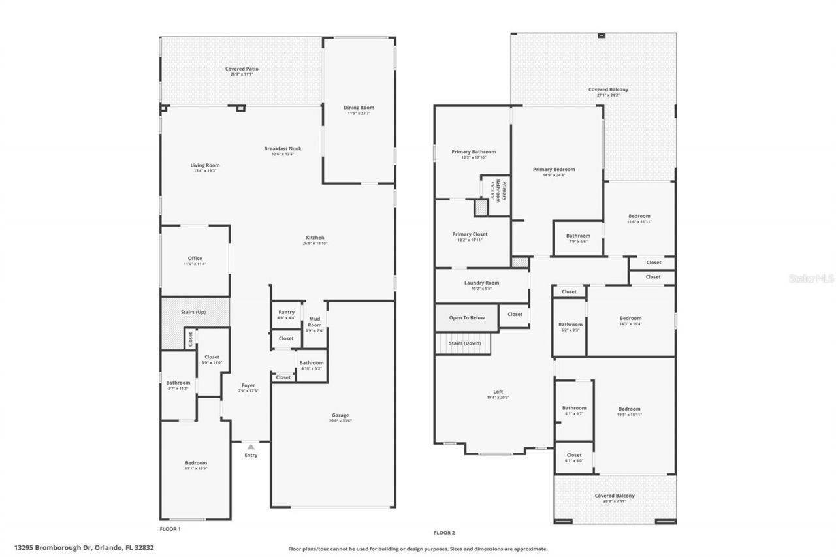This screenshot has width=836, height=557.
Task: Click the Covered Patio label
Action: [x=241, y=69]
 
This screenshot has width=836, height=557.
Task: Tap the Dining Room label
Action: [x=359, y=108]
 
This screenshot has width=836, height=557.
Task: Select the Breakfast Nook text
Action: [x=282, y=148]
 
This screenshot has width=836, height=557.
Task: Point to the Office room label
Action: [x=195, y=259]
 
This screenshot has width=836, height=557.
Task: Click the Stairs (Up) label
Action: [x=193, y=312]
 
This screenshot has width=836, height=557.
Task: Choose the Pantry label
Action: [x=286, y=312]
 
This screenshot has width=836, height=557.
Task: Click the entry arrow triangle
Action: [x=250, y=446]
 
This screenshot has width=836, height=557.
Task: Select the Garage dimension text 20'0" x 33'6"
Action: [x=340, y=421]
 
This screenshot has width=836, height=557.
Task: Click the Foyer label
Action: [x=248, y=385]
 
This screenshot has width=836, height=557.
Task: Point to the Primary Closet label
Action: [x=470, y=234]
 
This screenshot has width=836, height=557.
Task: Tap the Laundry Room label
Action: [x=481, y=283]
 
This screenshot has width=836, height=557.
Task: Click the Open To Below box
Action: [x=466, y=317]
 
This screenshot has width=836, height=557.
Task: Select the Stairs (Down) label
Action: [x=464, y=343]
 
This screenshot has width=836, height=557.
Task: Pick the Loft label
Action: [x=498, y=392]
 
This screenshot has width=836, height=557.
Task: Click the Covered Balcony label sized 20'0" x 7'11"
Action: [x=614, y=496]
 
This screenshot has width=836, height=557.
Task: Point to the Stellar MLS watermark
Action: [x=811, y=278]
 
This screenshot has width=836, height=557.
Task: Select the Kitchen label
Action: [x=315, y=238]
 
